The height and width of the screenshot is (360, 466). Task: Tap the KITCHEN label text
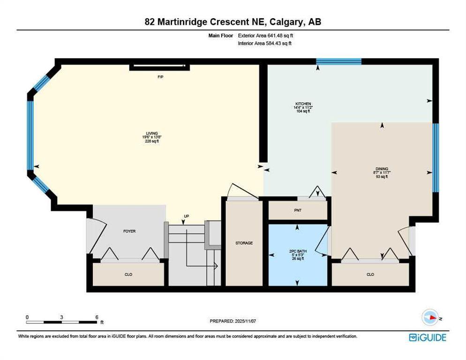303,104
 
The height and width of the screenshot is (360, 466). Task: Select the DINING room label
382,169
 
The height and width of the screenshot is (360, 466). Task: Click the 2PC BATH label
297,251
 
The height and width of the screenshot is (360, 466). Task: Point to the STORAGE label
244,243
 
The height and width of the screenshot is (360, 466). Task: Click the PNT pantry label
297,210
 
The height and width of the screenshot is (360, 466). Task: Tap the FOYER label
129,231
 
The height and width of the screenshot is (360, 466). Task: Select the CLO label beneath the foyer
128,274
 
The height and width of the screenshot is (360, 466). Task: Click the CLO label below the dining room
370,274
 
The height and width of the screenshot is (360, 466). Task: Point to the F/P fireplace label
160,76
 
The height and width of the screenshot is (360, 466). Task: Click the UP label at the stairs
186,216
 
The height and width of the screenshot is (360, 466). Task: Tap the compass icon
431,317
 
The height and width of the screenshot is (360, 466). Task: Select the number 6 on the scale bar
97,317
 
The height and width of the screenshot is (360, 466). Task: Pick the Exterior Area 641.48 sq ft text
266,35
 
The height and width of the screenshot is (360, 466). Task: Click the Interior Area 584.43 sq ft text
265,43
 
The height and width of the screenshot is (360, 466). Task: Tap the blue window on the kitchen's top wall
338,61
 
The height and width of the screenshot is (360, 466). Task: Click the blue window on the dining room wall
436,158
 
